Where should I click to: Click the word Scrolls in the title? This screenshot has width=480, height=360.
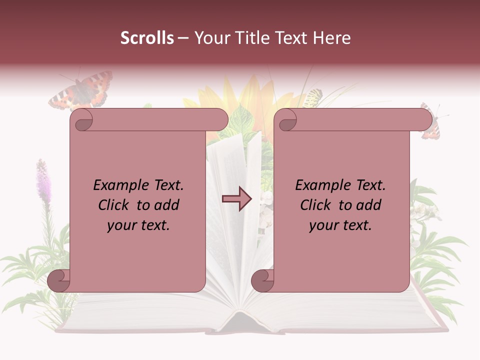(147, 38)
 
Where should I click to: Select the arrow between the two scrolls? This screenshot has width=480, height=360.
(236, 198)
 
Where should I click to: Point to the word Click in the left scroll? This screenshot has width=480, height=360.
(114, 205)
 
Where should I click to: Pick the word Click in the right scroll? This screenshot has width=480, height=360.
(316, 205)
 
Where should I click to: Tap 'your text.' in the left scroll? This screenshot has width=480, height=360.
(138, 225)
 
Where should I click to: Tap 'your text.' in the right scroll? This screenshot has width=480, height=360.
(340, 225)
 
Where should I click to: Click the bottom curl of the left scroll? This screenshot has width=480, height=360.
(59, 280)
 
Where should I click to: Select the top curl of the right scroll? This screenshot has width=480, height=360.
(287, 120)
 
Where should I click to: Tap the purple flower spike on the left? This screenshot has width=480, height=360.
(42, 177)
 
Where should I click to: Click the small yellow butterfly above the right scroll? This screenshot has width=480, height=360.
(311, 97)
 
